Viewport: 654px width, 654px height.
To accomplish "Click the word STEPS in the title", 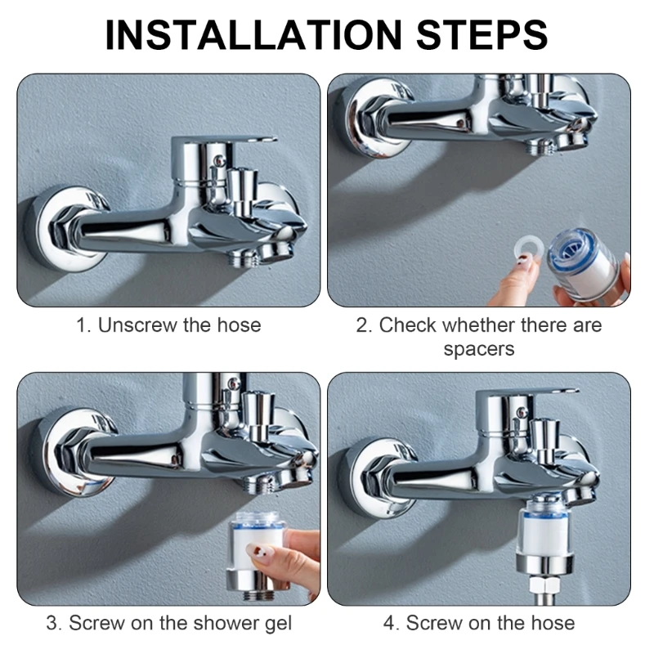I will click(x=480, y=34).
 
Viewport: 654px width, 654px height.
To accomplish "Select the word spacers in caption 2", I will click(x=479, y=349).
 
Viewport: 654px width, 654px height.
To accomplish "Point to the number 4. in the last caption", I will click(x=392, y=623).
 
